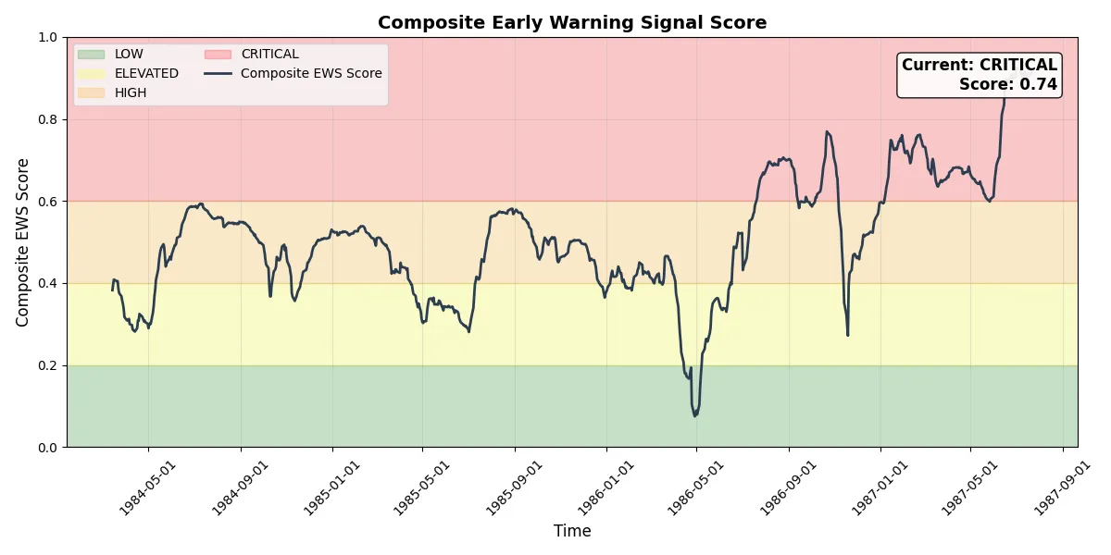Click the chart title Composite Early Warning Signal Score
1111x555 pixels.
click(x=571, y=23)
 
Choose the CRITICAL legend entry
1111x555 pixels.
click(x=269, y=55)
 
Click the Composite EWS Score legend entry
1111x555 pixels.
click(x=311, y=73)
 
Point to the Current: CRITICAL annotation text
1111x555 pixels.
click(x=979, y=66)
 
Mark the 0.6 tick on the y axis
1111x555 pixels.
click(x=48, y=202)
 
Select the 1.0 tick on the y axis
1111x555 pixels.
click(x=48, y=38)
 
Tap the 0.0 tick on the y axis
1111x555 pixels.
click(x=48, y=448)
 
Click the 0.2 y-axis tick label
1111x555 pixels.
click(x=48, y=365)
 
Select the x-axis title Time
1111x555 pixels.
click(x=572, y=531)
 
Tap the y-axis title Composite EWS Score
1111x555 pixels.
click(x=23, y=242)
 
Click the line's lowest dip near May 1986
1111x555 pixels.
click(x=694, y=415)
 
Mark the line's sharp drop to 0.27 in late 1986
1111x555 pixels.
click(x=847, y=335)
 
